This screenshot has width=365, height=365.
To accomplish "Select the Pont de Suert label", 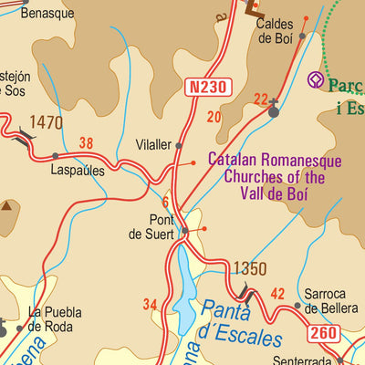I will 167,226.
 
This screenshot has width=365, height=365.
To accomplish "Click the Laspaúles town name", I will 78,171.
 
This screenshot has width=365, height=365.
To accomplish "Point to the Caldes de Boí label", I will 274,31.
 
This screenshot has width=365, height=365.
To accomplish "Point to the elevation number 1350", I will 249,269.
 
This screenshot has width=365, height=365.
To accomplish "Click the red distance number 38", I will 87,142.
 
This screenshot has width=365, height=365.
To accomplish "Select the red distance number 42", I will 278,294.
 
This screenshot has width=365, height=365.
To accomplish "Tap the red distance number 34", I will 151,304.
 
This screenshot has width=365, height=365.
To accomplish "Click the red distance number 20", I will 214,117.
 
